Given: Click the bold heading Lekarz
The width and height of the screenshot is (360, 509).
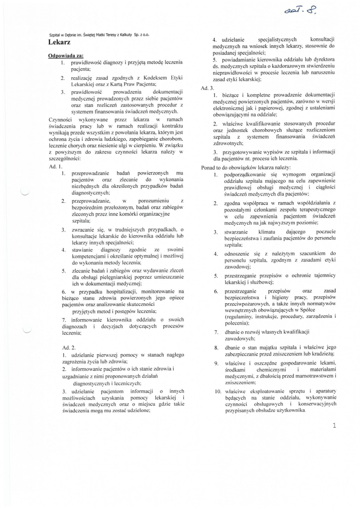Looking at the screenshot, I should [x=59, y=42].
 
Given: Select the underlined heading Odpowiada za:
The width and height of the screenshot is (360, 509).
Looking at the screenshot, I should [x=66, y=56].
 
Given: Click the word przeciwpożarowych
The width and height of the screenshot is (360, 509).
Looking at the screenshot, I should [x=247, y=304].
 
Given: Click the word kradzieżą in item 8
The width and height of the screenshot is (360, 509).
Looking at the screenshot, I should [x=323, y=353].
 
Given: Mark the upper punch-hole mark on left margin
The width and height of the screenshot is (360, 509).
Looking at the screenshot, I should [x=25, y=193].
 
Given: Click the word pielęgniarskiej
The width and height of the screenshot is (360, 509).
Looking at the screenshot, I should [x=121, y=277].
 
